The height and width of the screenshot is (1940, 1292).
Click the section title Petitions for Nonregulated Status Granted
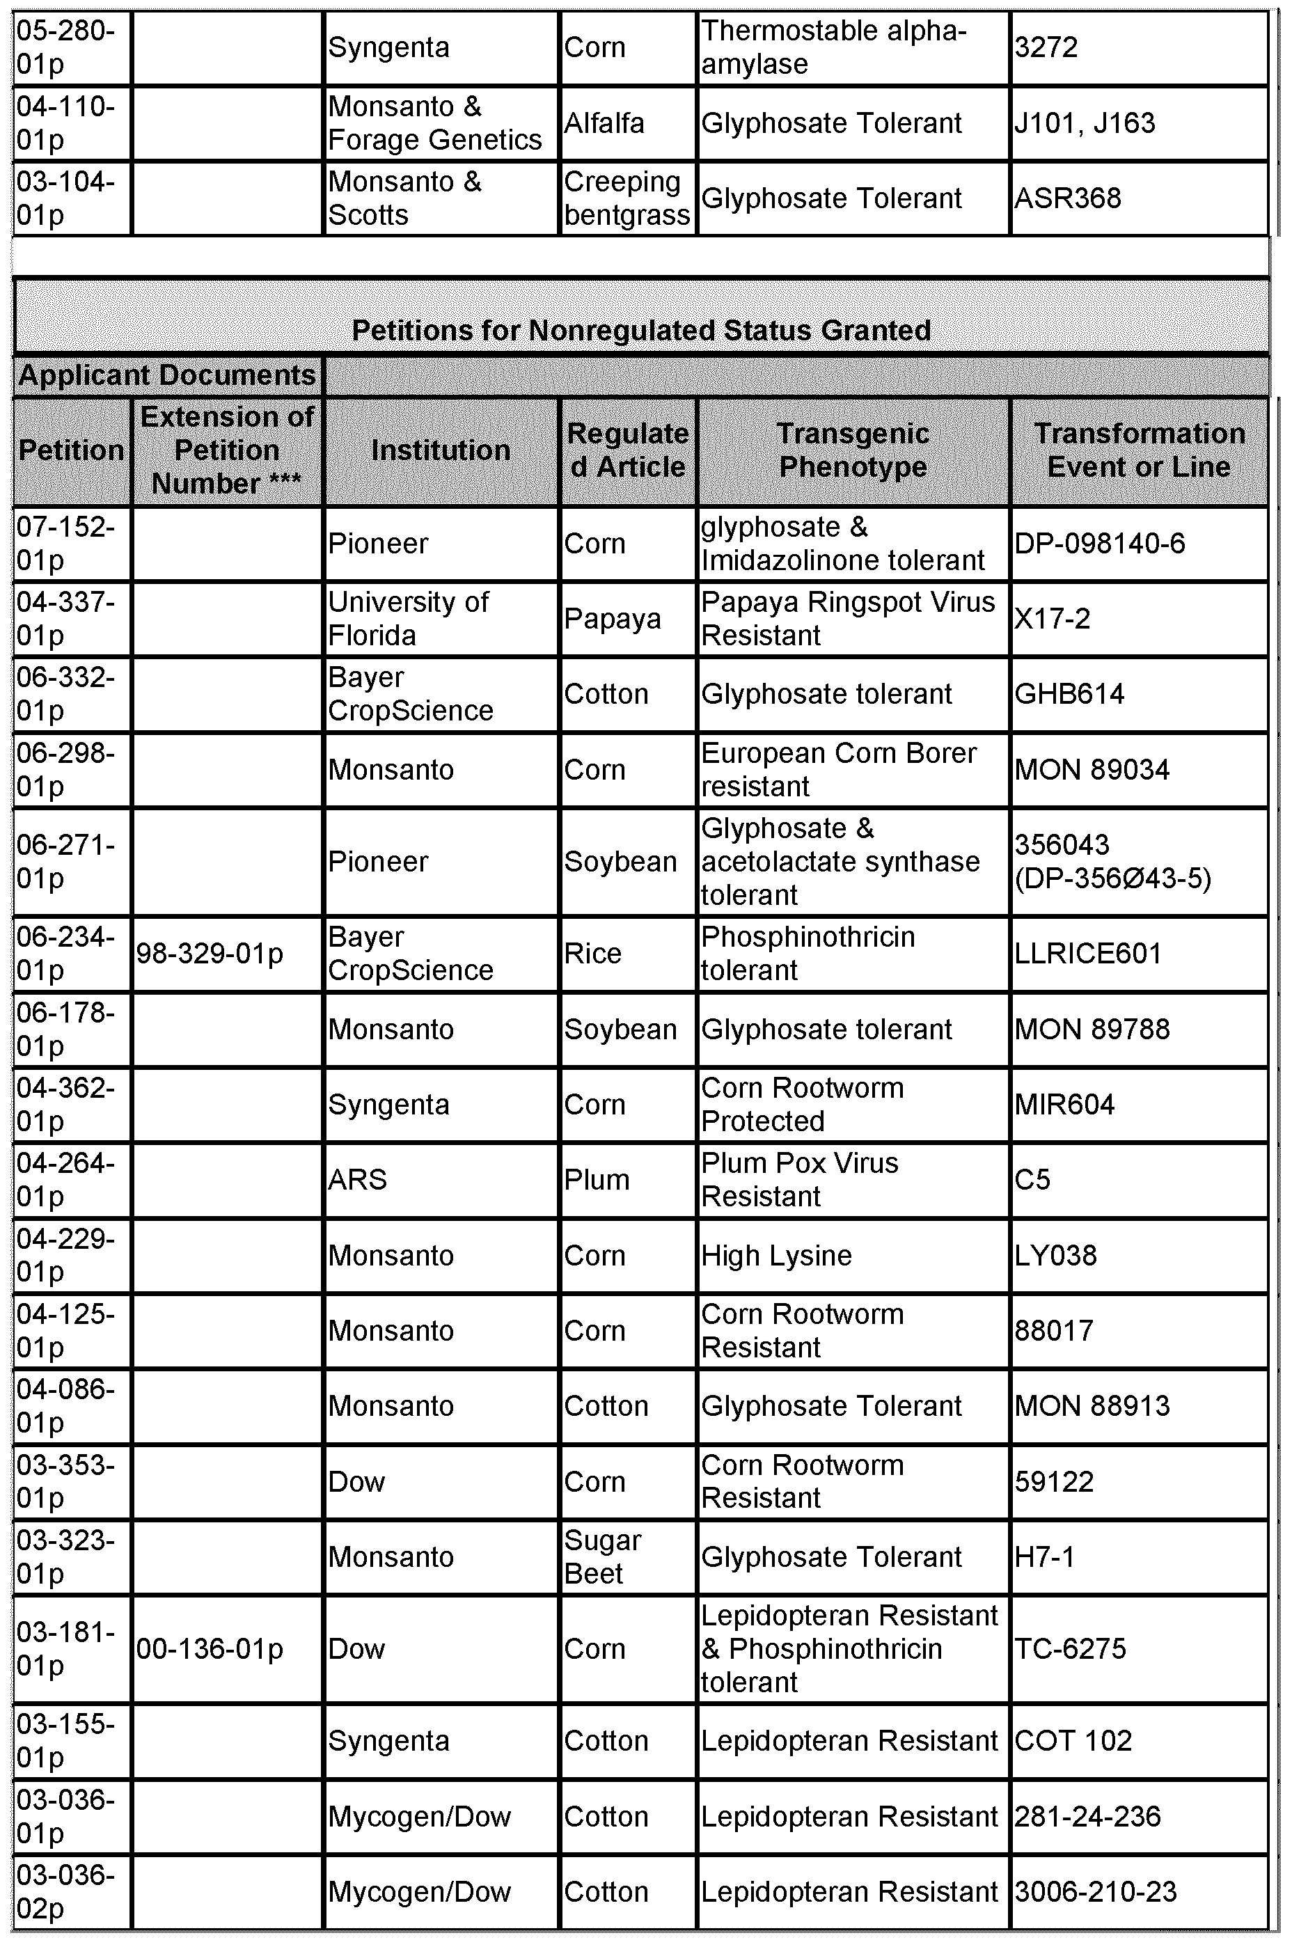641,331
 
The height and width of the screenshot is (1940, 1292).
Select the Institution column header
441,450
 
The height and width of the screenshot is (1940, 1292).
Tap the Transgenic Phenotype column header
853,450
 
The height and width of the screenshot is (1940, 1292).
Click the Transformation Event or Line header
1139,450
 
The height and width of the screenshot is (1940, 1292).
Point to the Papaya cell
612,619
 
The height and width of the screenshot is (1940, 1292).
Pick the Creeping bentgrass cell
627,198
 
